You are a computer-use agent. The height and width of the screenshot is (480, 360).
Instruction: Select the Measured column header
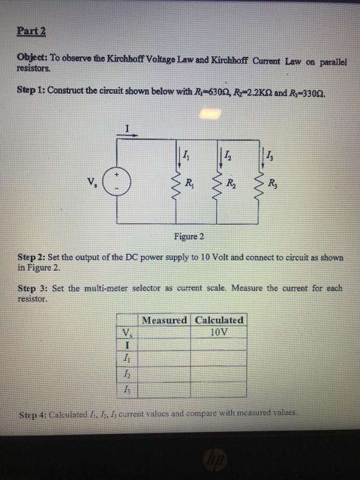(165, 320)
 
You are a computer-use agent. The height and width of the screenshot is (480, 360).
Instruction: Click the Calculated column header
(219, 320)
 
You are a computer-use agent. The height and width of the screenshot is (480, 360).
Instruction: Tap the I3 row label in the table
(127, 389)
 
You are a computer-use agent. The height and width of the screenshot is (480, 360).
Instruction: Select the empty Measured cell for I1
(165, 361)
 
